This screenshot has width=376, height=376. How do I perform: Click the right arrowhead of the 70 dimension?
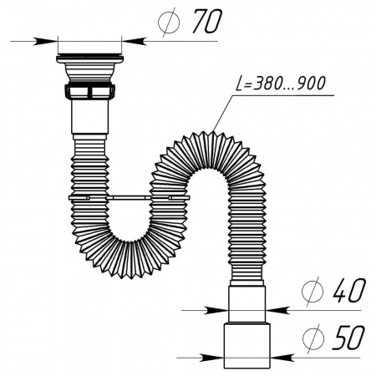point(131,39)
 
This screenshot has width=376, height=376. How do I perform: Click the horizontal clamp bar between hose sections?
point(125,198)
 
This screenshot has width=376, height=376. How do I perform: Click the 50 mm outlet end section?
point(246,343)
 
